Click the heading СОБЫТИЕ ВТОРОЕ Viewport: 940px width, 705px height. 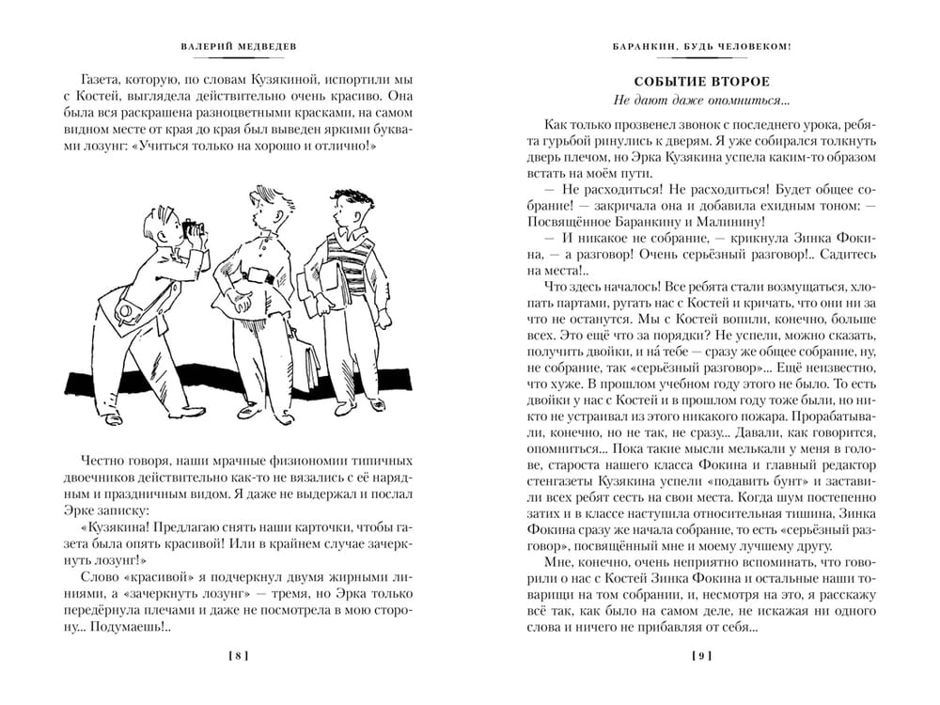click(701, 82)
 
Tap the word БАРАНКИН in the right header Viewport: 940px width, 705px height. click(640, 45)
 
